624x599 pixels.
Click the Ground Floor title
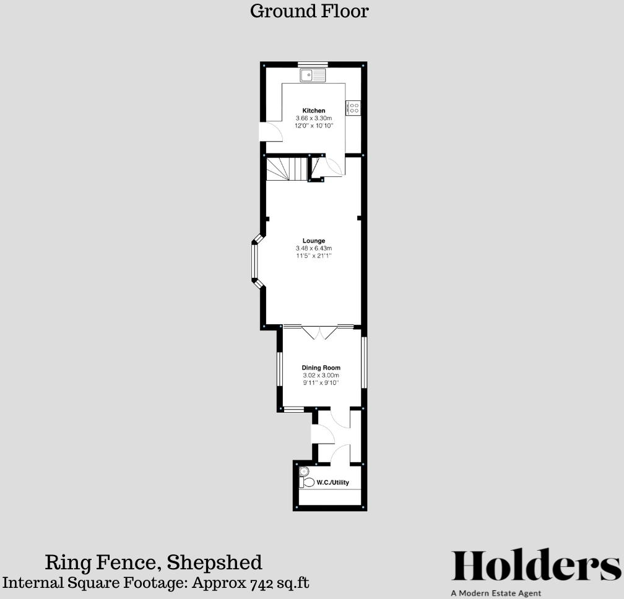tap(309, 11)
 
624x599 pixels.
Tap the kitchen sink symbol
tap(313, 75)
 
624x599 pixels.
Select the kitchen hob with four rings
tap(353, 108)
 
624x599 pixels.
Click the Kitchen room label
tap(314, 111)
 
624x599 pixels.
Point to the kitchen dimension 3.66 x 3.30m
tap(314, 118)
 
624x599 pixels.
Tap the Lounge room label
tap(314, 241)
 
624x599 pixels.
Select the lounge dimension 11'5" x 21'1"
tap(314, 256)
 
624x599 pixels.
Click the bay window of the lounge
tap(254, 261)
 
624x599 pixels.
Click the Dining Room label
tap(321, 368)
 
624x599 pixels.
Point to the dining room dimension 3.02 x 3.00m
tap(321, 375)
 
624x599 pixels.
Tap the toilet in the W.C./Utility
tap(306, 481)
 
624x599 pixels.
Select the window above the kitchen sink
tap(313, 64)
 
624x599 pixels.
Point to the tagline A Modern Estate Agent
tap(496, 593)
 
